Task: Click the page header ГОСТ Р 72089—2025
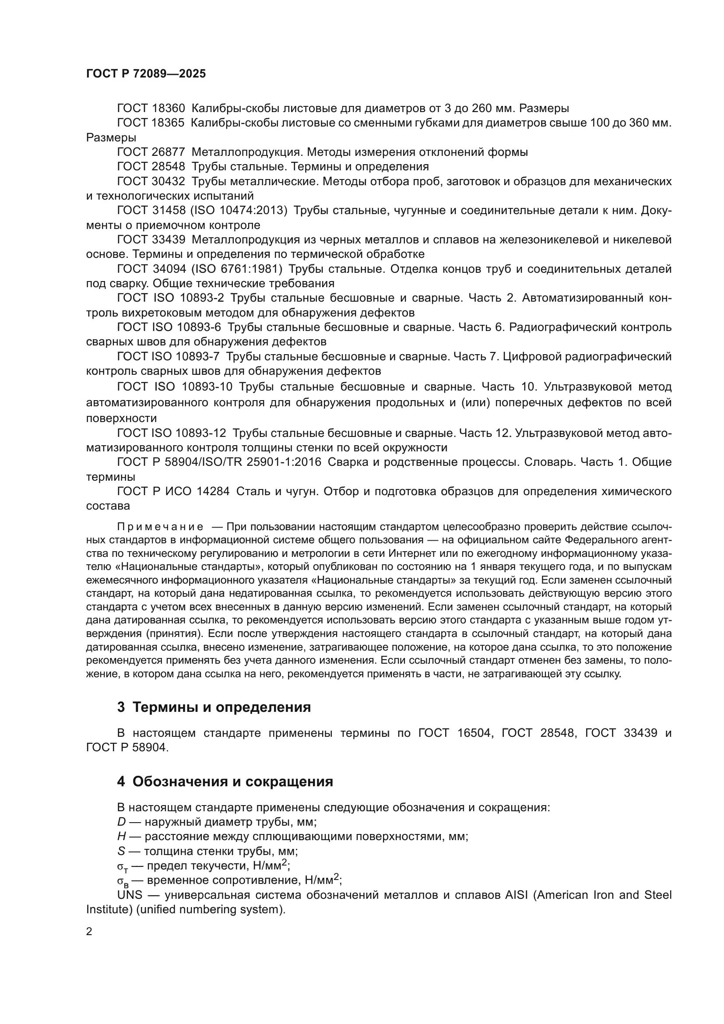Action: [146, 74]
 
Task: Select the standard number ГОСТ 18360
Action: [151, 109]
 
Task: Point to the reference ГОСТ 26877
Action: [151, 152]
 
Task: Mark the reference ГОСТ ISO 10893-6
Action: [169, 327]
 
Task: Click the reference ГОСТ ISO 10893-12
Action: [172, 433]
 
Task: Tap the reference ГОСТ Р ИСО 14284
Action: [173, 492]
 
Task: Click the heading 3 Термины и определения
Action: [214, 707]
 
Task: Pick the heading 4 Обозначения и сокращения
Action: [225, 781]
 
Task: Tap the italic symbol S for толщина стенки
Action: [121, 851]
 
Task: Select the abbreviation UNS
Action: [129, 895]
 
